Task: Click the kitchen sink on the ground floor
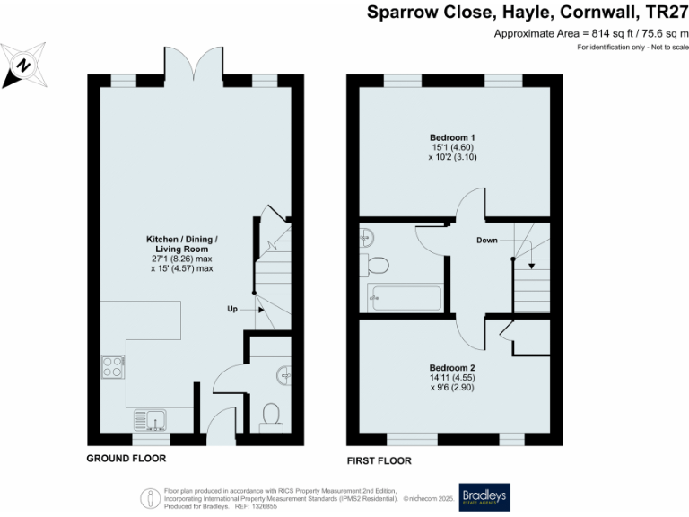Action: click(x=149, y=418)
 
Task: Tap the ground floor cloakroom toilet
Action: click(x=270, y=415)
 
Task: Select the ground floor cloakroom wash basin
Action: click(x=283, y=373)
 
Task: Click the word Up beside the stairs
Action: click(x=232, y=309)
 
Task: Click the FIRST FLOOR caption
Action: click(x=379, y=460)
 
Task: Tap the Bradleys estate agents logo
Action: click(x=484, y=496)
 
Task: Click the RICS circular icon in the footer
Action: click(x=149, y=496)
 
